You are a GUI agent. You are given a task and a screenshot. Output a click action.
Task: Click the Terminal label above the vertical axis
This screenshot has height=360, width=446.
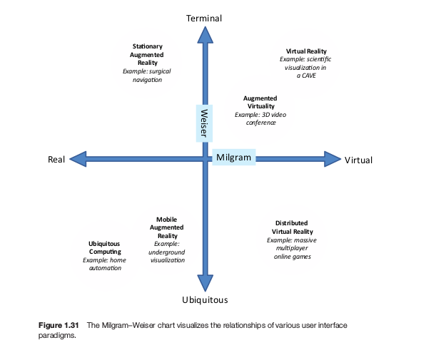[x=204, y=18]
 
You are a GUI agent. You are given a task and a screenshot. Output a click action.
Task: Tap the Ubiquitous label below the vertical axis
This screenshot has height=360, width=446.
[x=205, y=299]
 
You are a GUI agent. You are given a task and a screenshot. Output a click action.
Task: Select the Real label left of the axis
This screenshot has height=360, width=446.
[x=56, y=160]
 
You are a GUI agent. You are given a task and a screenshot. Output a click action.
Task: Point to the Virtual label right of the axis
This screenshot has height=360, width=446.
[x=358, y=160]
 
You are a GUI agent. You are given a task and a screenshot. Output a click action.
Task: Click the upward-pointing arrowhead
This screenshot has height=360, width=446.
[x=205, y=34]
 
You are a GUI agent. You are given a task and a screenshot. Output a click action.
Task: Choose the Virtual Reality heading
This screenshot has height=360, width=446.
[x=306, y=51]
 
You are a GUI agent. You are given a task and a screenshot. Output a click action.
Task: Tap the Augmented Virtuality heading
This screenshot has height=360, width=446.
[x=260, y=102]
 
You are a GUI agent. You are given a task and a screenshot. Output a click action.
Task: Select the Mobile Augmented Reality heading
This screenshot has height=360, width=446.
[x=167, y=227]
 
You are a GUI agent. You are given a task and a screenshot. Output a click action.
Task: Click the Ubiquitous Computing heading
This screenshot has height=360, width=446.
[x=105, y=247]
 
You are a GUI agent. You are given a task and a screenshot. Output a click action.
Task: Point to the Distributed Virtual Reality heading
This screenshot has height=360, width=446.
[x=293, y=227]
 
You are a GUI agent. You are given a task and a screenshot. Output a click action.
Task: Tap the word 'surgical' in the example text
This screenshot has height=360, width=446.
[x=157, y=71]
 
